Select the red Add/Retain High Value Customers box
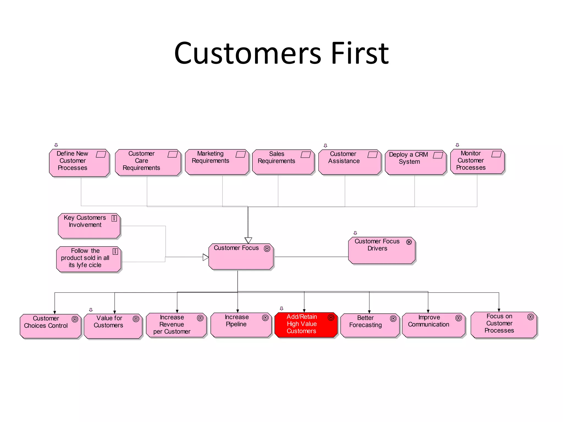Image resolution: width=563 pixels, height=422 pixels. [306, 325]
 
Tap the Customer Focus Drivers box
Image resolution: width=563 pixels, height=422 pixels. [382, 251]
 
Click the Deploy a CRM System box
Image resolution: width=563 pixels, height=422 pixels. [415, 162]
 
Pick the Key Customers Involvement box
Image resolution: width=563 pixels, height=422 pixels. [89, 226]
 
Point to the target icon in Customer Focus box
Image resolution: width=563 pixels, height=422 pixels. [267, 249]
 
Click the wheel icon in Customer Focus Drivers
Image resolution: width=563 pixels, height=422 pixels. [409, 242]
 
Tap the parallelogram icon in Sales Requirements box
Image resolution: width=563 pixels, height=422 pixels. [305, 155]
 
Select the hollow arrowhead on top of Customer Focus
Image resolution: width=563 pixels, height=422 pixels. [248, 240]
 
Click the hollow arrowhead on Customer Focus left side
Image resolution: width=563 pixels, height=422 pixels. [206, 257]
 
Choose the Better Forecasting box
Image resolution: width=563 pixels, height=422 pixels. [369, 325]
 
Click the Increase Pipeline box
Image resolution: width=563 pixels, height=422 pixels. [241, 325]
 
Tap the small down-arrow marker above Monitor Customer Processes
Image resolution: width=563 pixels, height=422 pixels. [457, 145]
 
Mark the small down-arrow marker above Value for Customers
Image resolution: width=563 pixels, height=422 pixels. [91, 310]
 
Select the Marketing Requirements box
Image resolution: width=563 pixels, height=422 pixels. [217, 162]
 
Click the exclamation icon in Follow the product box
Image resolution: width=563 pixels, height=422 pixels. [115, 251]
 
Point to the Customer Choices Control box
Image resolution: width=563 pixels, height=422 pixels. [50, 326]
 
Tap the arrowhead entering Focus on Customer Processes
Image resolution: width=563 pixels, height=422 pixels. [499, 310]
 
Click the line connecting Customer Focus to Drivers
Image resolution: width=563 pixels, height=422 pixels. [311, 257]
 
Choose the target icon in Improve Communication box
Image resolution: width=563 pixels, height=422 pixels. [459, 318]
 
